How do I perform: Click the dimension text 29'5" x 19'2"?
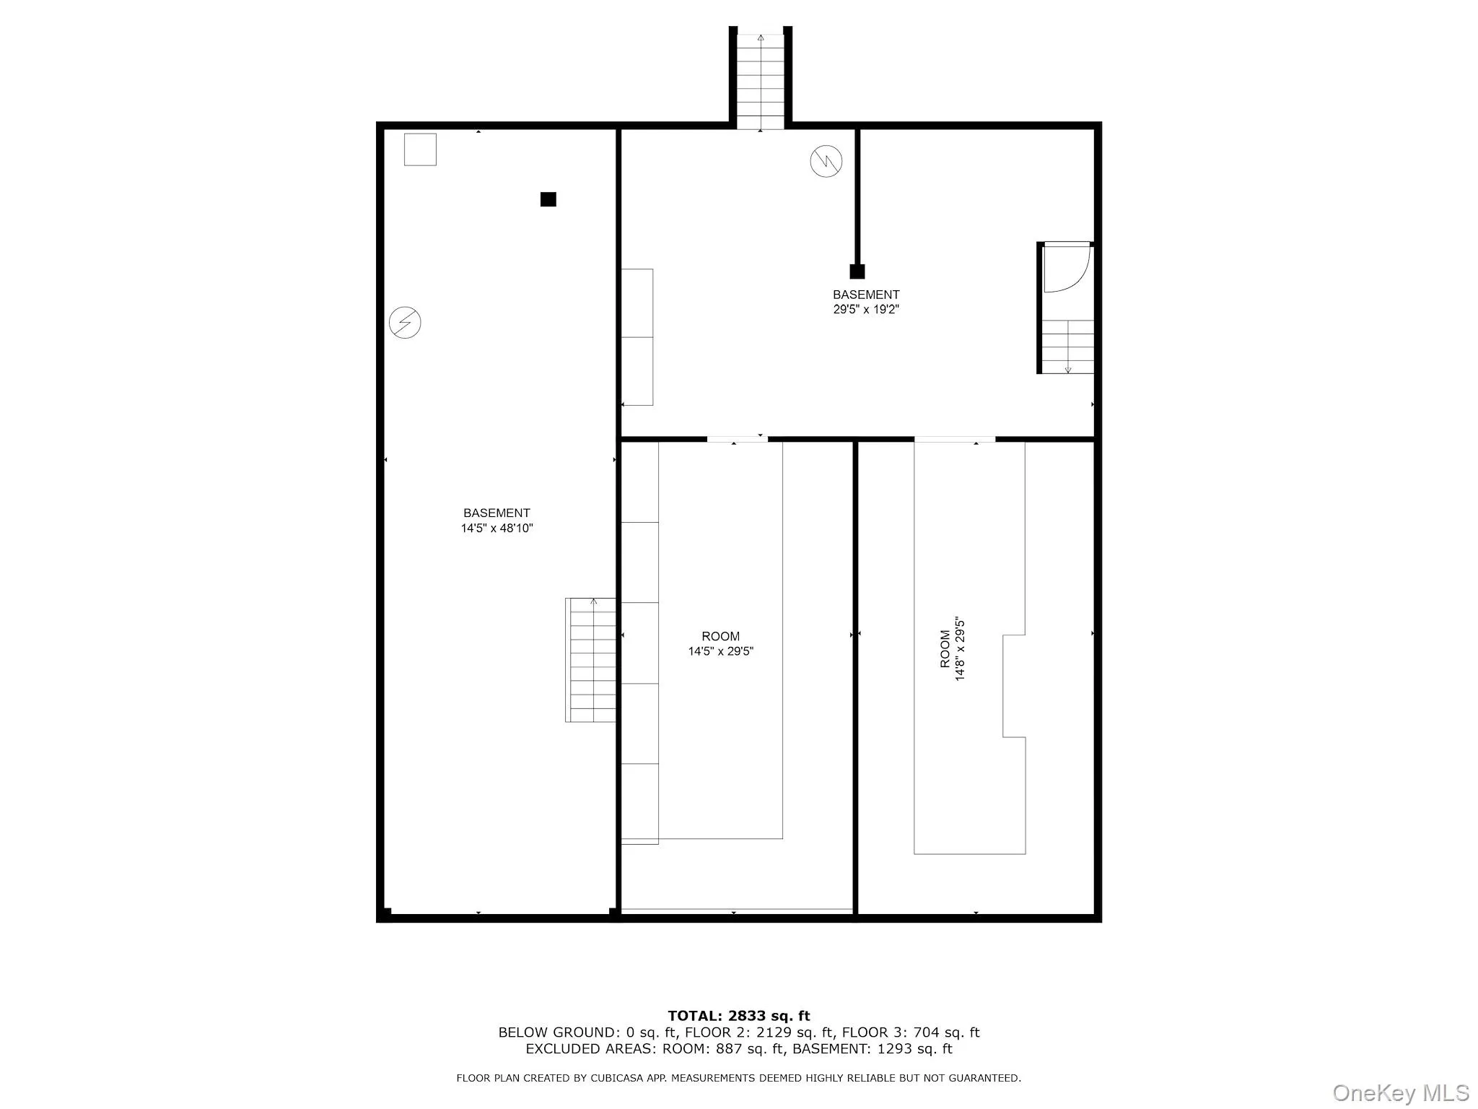click(x=865, y=310)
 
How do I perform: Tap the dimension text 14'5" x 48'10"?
click(x=497, y=529)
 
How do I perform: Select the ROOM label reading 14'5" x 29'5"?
click(x=720, y=644)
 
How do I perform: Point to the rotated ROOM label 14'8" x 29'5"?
click(x=952, y=649)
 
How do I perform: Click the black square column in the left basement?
click(x=548, y=199)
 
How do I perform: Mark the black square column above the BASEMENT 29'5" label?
click(x=857, y=271)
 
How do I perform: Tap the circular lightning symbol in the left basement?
click(x=405, y=323)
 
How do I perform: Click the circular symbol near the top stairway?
click(x=826, y=161)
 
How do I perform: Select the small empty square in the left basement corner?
click(x=420, y=149)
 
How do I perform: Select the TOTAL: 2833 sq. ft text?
click(x=738, y=1017)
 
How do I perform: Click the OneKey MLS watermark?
click(x=1400, y=1092)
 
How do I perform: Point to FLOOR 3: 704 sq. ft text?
click(x=911, y=1032)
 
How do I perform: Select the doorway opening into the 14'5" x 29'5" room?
click(x=737, y=438)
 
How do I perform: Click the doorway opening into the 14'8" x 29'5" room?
click(x=954, y=439)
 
